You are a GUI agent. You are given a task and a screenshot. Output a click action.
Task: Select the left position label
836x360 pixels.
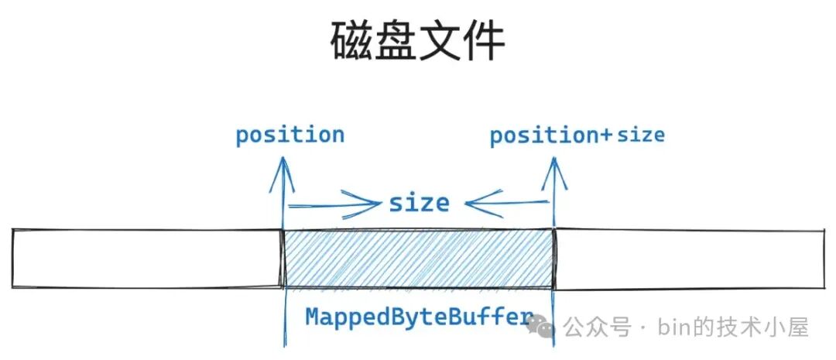pos(290,135)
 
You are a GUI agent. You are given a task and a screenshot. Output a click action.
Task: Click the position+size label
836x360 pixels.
pos(577,136)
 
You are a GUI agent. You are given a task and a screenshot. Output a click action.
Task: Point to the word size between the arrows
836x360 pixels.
pos(419,204)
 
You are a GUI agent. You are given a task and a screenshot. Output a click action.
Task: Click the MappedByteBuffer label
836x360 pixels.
pos(419,317)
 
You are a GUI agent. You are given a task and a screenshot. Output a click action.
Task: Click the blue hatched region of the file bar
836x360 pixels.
pos(419,259)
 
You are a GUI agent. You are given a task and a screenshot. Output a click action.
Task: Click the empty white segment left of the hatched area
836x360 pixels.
pos(147,259)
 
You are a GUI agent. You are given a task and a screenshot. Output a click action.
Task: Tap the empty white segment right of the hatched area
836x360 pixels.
pos(689,260)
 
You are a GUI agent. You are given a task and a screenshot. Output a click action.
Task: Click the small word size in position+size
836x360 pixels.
pos(641,136)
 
